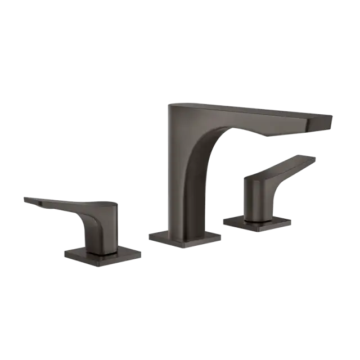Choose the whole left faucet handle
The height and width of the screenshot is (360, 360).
pyautogui.click(x=79, y=225)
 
